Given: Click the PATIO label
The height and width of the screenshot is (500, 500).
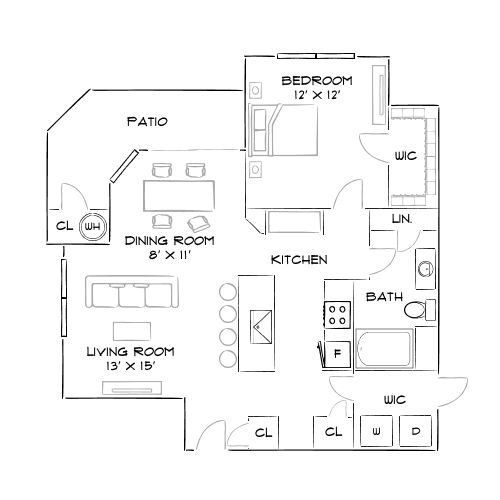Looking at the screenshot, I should click(147, 121).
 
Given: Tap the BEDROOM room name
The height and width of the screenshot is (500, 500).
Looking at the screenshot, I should click(317, 80).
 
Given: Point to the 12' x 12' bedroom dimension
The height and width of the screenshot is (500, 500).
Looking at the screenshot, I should click(317, 94).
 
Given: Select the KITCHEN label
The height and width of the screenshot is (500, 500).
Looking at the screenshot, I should click(299, 259).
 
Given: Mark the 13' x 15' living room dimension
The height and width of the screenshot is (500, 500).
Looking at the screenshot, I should click(131, 366).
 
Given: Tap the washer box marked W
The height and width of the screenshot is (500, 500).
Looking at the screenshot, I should click(378, 432).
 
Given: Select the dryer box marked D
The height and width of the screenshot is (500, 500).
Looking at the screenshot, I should click(415, 432).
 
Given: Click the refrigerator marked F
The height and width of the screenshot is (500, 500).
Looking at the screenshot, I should click(336, 354).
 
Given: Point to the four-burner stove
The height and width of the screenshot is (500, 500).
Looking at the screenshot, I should click(338, 316).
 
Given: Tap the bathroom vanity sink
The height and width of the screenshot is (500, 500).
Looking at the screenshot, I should click(425, 269).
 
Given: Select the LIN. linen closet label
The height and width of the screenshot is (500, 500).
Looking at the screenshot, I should click(401, 218).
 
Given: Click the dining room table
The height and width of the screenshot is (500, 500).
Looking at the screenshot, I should click(179, 190).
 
